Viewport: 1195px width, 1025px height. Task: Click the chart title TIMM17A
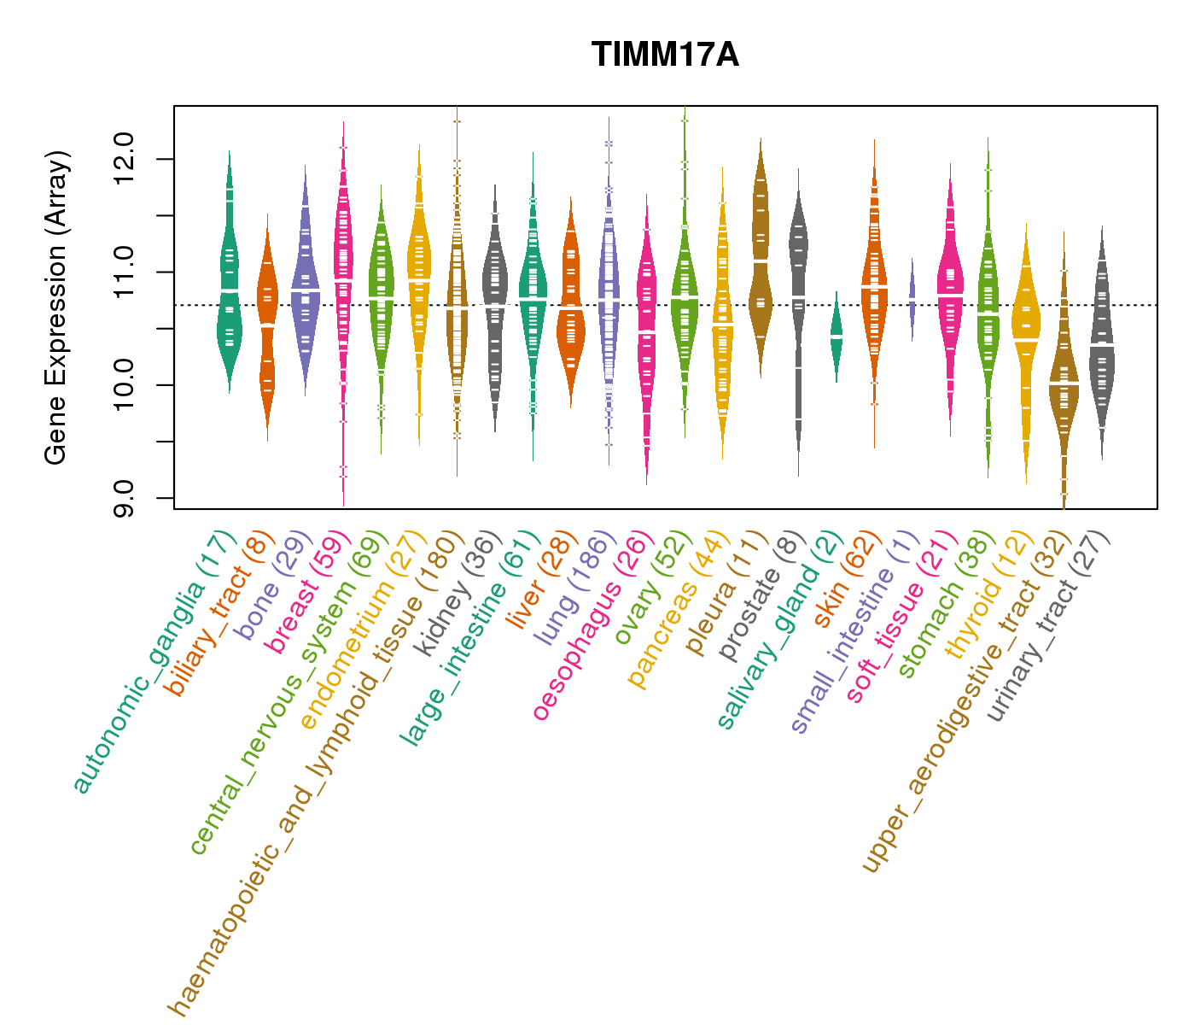tap(665, 55)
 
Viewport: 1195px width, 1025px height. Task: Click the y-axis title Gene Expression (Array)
tap(56, 307)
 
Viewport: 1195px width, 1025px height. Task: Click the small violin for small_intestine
tap(912, 298)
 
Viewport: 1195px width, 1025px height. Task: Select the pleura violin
tap(760, 256)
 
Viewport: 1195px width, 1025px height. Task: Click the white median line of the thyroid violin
tap(1026, 340)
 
